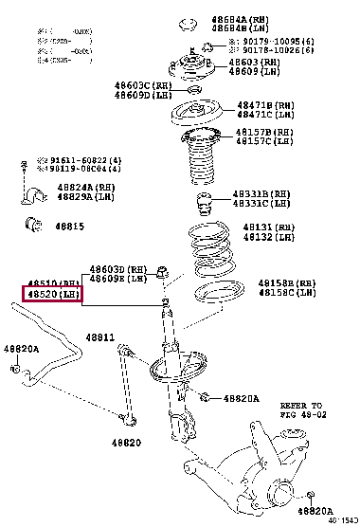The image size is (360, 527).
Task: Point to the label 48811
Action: tap(99, 337)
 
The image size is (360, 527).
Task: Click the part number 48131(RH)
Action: tap(269, 227)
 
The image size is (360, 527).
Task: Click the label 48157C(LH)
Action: tap(266, 140)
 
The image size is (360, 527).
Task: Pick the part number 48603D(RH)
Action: tap(119, 269)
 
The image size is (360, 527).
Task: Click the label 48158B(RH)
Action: tap(287, 282)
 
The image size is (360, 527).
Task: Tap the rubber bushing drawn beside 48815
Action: tap(31, 226)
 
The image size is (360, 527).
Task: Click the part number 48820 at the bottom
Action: tap(124, 443)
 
